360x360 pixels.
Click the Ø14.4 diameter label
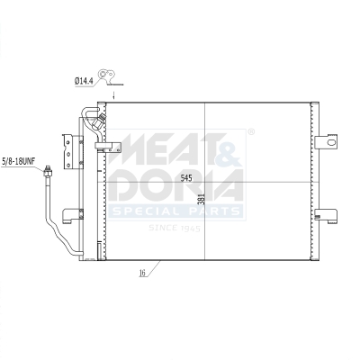pos(85,82)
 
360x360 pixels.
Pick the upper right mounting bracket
pos(328,140)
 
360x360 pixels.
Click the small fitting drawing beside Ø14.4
pos(112,76)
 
